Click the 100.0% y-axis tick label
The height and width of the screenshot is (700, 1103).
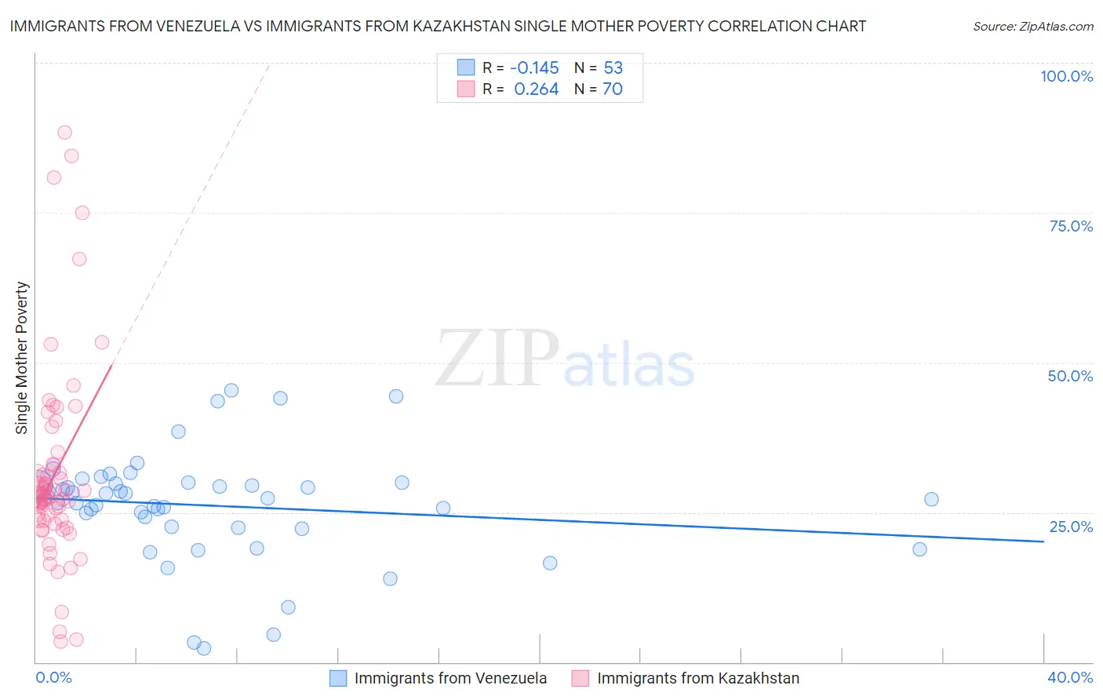1066,76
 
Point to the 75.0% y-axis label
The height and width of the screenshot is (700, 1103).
1071,226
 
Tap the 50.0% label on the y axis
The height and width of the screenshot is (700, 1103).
1070,376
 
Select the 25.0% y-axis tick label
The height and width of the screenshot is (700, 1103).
1071,526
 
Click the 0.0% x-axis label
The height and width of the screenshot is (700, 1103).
53,677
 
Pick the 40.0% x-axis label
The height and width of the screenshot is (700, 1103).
1070,677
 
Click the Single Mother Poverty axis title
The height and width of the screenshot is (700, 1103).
22,358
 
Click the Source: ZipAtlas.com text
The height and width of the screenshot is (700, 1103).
1032,26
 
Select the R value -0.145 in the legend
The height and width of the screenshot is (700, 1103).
534,67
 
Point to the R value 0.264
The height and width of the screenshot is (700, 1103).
536,89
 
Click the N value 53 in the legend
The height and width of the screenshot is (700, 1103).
613,67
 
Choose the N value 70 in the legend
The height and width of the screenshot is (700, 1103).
612,89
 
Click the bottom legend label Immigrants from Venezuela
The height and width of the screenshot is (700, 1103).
450,678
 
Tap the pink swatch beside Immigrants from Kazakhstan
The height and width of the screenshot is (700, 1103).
580,678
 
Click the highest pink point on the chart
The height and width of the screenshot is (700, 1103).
64,133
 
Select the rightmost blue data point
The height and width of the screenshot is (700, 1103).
931,499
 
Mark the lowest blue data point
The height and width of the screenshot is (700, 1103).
204,648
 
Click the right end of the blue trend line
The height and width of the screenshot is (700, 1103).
1043,541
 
